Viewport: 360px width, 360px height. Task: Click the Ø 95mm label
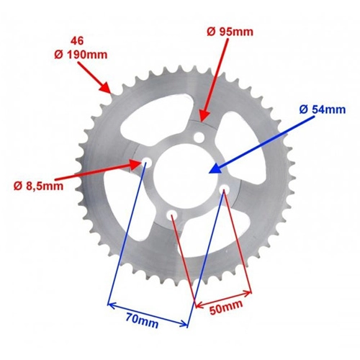pyautogui.click(x=230, y=32)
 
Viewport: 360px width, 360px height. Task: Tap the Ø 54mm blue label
pyautogui.click(x=323, y=110)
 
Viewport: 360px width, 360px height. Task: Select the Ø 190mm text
pyautogui.click(x=81, y=55)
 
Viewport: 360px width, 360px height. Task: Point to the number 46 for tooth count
pyautogui.click(x=77, y=41)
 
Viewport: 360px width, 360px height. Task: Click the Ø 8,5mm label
pyautogui.click(x=39, y=186)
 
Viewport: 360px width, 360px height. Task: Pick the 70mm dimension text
pyautogui.click(x=142, y=322)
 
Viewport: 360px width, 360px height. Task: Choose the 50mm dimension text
pyautogui.click(x=226, y=307)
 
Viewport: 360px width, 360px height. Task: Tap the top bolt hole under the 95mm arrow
pyautogui.click(x=199, y=138)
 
